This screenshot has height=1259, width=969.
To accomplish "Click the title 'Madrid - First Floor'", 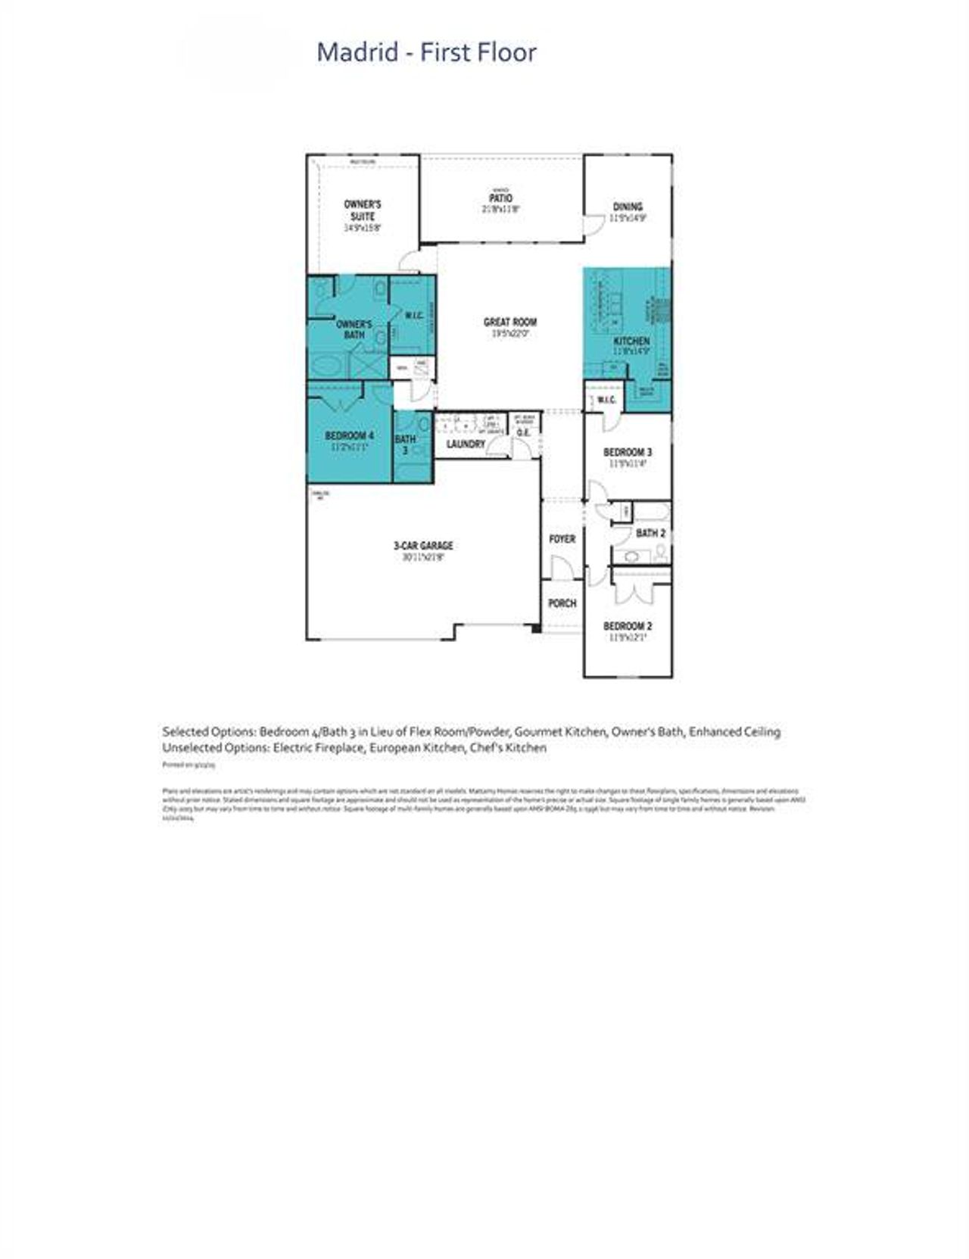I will click(x=426, y=52).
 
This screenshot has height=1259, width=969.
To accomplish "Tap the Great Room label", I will click(x=509, y=323).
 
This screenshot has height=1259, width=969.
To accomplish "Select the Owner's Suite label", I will click(x=363, y=210).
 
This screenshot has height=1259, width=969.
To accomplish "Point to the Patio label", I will click(x=500, y=198).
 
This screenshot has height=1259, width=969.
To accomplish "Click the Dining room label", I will click(x=628, y=207).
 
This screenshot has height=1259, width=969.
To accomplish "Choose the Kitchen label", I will click(x=631, y=341).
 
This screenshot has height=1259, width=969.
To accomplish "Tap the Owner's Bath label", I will click(x=354, y=329).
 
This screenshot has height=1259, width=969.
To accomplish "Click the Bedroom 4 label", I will click(x=349, y=436).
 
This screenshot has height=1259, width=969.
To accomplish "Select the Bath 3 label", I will click(x=405, y=444).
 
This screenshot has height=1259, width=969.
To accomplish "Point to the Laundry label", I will click(x=466, y=444).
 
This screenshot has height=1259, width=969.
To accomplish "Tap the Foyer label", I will click(x=562, y=539).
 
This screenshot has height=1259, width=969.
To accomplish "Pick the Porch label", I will click(x=562, y=603).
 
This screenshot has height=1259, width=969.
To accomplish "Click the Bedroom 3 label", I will click(x=628, y=453).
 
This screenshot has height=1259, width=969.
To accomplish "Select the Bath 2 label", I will click(x=650, y=534).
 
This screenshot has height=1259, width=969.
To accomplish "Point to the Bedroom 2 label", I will click(x=628, y=626).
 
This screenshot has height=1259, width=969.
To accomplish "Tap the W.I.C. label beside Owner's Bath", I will click(x=413, y=315).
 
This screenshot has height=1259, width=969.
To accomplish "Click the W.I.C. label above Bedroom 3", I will click(x=606, y=400).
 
